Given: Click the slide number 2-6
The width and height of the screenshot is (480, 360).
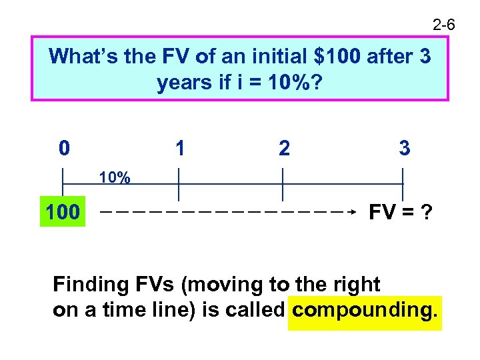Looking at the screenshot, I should click(443, 26).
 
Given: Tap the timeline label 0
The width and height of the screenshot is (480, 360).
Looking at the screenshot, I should click(63, 147).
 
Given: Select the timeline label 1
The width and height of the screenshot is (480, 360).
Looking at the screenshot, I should click(179, 147).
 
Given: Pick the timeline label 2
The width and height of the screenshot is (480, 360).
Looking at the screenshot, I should click(284, 148).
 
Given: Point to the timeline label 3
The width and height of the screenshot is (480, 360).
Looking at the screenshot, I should click(404, 147).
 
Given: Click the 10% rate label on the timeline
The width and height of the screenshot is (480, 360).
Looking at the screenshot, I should click(115, 177).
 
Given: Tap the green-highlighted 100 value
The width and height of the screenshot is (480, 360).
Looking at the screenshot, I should click(63, 213).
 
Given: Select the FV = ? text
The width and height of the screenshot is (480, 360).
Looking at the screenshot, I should click(400, 213).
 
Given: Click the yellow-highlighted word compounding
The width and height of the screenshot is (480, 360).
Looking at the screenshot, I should click(365, 310).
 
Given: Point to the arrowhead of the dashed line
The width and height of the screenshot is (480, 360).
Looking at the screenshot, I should click(355, 213).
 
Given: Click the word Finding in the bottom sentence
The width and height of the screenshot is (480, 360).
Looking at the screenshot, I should click(91, 285).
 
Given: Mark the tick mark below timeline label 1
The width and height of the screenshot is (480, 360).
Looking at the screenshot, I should click(179, 184).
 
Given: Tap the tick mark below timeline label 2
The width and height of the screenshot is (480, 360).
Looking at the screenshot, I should click(283, 184).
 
